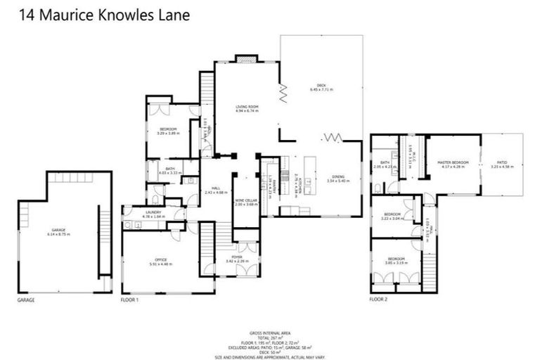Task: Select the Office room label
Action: point(161,262)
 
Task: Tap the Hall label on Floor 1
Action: point(215,188)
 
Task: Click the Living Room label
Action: point(247,108)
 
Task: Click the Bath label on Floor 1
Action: point(170,170)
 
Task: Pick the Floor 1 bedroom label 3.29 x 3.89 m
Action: point(167,131)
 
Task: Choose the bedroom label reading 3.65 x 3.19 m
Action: point(395,260)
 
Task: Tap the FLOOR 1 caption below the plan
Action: point(130,299)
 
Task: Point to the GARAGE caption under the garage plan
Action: point(26,299)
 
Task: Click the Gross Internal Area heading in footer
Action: point(269,333)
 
